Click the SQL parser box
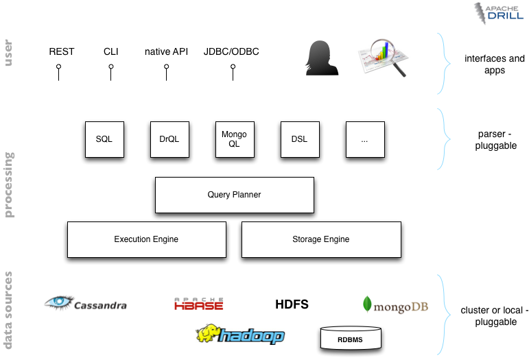pos(104,139)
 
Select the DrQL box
pos(169,139)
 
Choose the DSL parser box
pos(299,139)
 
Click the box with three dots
pos(364,139)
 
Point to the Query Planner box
pos(234,195)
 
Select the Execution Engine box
pos(146,239)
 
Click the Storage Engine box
pos(320,239)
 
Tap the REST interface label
pos(61,51)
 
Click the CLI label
pos(110,51)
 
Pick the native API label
pos(166,51)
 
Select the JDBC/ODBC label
pos(231,51)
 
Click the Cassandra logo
pos(86,303)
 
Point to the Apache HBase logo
pos(198,304)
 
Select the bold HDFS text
pos(292,304)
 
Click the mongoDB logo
pos(395,305)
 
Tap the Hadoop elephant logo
pos(240,335)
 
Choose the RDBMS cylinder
pos(350,338)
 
